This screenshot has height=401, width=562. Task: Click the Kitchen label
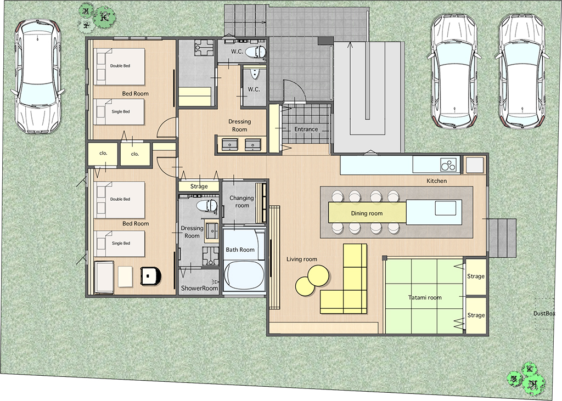pyautogui.click(x=436, y=181)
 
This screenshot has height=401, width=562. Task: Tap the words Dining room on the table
pyautogui.click(x=367, y=213)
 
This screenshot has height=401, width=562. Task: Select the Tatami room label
pyautogui.click(x=425, y=297)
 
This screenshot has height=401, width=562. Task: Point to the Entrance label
pyautogui.click(x=306, y=129)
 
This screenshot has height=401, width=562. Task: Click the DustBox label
pyautogui.click(x=544, y=313)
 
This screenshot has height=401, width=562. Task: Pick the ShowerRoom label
pyautogui.click(x=199, y=288)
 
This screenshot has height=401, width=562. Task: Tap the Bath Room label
pyautogui.click(x=240, y=250)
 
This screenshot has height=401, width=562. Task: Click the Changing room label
pyautogui.click(x=241, y=202)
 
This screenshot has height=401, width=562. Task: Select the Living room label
pyautogui.click(x=302, y=259)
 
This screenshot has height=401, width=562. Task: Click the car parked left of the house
pyautogui.click(x=37, y=76)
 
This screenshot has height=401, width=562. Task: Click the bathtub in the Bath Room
pyautogui.click(x=244, y=275)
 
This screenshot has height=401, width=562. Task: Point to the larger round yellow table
pyautogui.click(x=318, y=275)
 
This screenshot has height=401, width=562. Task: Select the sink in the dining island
pyautogui.click(x=446, y=208)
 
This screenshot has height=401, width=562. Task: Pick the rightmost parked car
pyautogui.click(x=522, y=72)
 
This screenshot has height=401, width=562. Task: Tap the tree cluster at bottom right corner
pyautogui.click(x=527, y=378)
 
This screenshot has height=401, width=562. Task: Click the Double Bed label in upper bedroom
pyautogui.click(x=120, y=66)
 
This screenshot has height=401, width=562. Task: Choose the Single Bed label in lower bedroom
pyautogui.click(x=121, y=244)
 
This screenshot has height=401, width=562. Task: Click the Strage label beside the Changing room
pyautogui.click(x=199, y=187)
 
